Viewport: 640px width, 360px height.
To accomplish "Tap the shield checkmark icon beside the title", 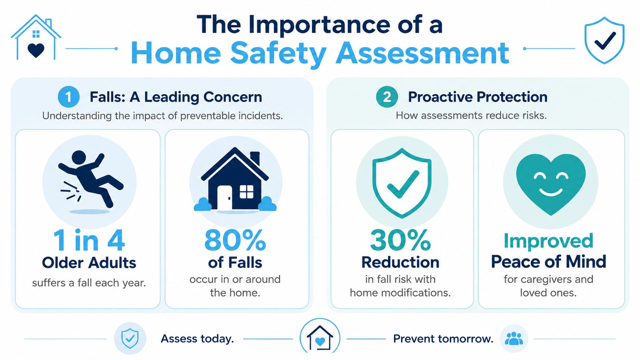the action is [604, 40].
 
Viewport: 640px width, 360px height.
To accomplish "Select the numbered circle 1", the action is [69, 97].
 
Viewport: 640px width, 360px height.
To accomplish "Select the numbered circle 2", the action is [387, 97].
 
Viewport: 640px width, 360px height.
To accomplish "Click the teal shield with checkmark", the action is [402, 183].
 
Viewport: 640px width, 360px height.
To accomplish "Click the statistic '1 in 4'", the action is [89, 240].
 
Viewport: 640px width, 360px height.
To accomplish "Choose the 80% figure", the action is [235, 240].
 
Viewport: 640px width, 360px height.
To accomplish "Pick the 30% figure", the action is [400, 240].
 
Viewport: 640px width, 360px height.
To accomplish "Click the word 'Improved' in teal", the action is [549, 241].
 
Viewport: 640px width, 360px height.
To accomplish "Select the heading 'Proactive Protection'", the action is [478, 97].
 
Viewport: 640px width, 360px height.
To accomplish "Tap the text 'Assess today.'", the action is [198, 339].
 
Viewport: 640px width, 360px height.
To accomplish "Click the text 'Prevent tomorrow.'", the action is [443, 339].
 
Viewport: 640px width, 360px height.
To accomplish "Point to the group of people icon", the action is [514, 339].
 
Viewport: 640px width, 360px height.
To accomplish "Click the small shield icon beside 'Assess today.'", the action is [130, 338].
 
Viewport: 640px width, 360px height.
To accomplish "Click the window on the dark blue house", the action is [247, 192].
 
